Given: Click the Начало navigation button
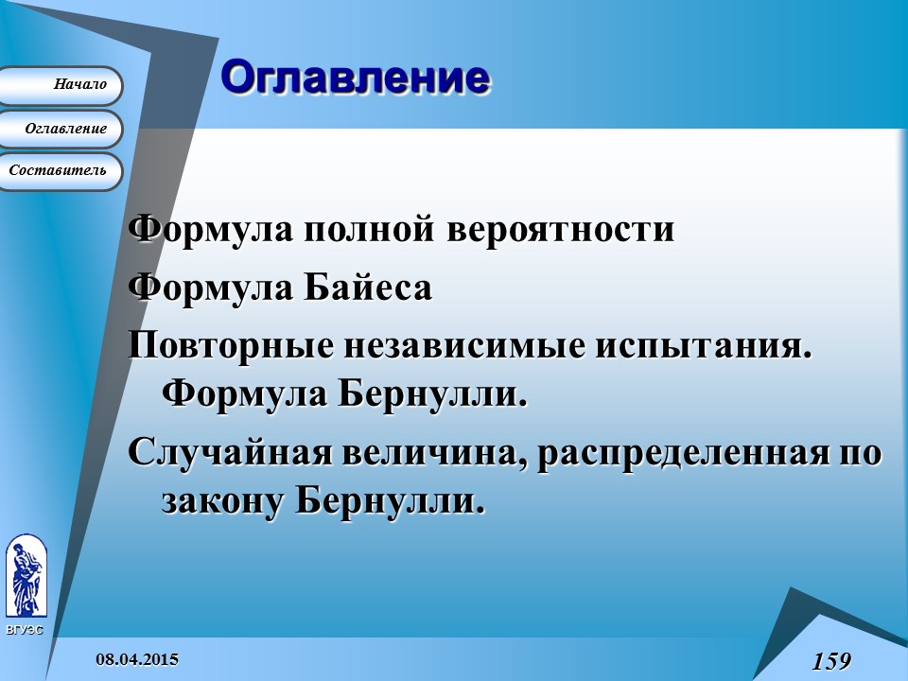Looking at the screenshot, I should pyautogui.click(x=61, y=85).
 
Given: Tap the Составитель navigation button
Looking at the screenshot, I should pyautogui.click(x=59, y=171).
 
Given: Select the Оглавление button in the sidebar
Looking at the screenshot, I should pyautogui.click(x=61, y=129).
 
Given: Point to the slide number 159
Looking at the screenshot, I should pyautogui.click(x=831, y=660).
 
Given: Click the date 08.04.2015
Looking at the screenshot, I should pyautogui.click(x=137, y=658).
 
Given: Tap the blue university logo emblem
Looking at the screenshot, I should pyautogui.click(x=25, y=577).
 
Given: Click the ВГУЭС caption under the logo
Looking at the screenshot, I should pyautogui.click(x=24, y=629).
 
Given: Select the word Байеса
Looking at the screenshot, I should pyautogui.click(x=367, y=287).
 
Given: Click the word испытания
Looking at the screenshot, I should pyautogui.click(x=703, y=344).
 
